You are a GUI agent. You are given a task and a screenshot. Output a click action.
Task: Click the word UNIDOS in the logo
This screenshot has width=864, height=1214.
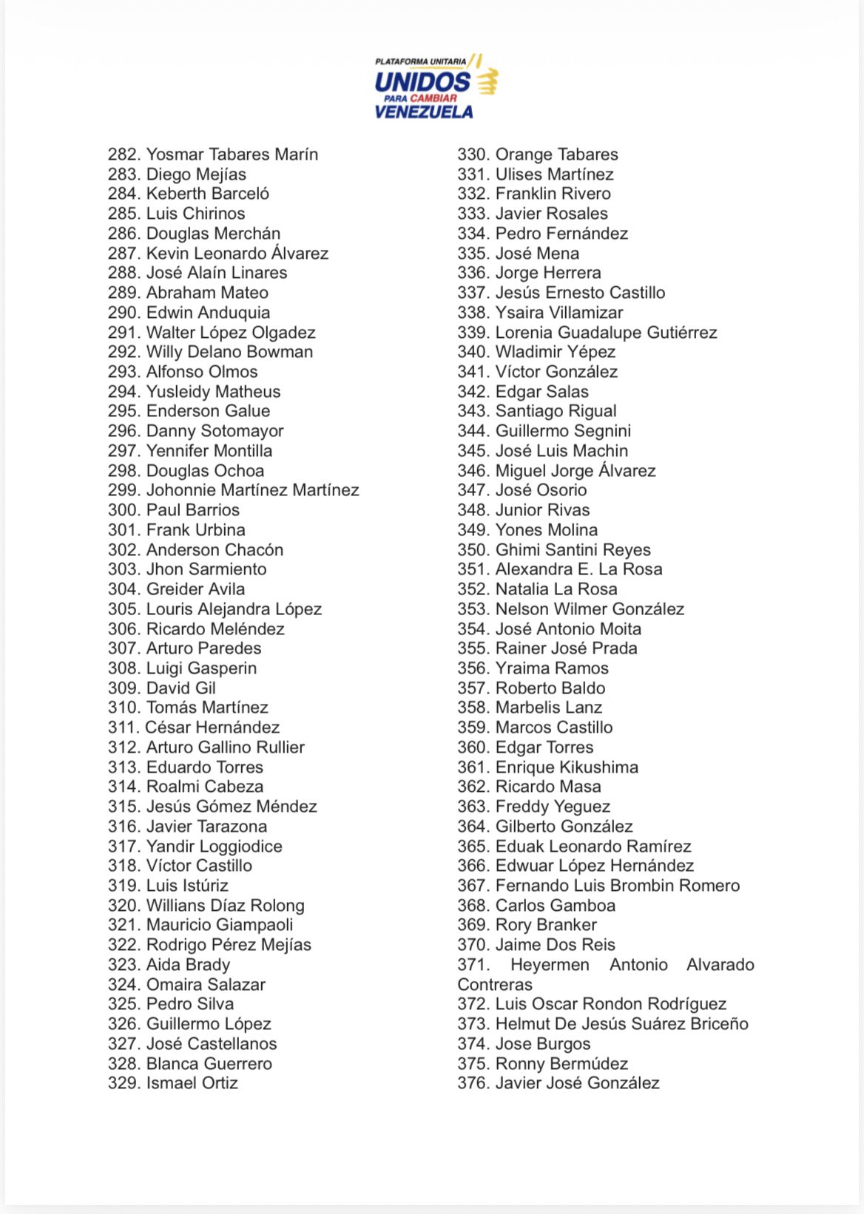pyautogui.click(x=422, y=81)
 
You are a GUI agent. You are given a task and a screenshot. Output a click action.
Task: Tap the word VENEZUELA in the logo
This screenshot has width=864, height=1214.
pyautogui.click(x=424, y=112)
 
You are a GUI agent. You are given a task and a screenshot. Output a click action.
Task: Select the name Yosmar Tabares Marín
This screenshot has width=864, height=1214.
pyautogui.click(x=232, y=155)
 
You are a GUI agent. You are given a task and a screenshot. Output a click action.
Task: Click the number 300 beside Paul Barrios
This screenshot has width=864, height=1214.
pyautogui.click(x=124, y=510)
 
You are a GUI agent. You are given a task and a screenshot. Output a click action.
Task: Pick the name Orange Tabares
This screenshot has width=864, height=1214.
pyautogui.click(x=556, y=155)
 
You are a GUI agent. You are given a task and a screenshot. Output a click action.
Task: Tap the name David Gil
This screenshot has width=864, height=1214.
pyautogui.click(x=181, y=688)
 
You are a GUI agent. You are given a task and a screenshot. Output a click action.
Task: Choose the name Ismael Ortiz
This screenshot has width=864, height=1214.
pyautogui.click(x=192, y=1083)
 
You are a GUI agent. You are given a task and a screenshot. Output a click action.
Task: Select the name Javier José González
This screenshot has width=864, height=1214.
pyautogui.click(x=577, y=1083)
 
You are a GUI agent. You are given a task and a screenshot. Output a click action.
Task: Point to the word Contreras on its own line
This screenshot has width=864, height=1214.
pyautogui.click(x=495, y=985)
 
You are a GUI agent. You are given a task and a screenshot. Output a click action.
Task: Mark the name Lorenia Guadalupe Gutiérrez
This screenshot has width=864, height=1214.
pyautogui.click(x=606, y=333)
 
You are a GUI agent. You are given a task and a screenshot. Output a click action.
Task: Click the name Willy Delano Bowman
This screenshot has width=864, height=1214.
pyautogui.click(x=229, y=352)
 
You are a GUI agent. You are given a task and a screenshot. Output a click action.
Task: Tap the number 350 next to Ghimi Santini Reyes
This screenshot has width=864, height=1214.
pyautogui.click(x=473, y=550)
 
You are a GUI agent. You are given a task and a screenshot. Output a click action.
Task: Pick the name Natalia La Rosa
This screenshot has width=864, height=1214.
pyautogui.click(x=556, y=589)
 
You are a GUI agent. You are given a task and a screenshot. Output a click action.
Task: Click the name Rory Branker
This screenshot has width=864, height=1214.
pyautogui.click(x=546, y=925)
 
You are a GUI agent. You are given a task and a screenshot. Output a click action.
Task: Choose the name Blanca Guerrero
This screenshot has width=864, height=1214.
pyautogui.click(x=209, y=1064)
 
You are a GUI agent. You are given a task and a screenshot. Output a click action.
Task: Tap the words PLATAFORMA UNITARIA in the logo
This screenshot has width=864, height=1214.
pyautogui.click(x=421, y=61)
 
